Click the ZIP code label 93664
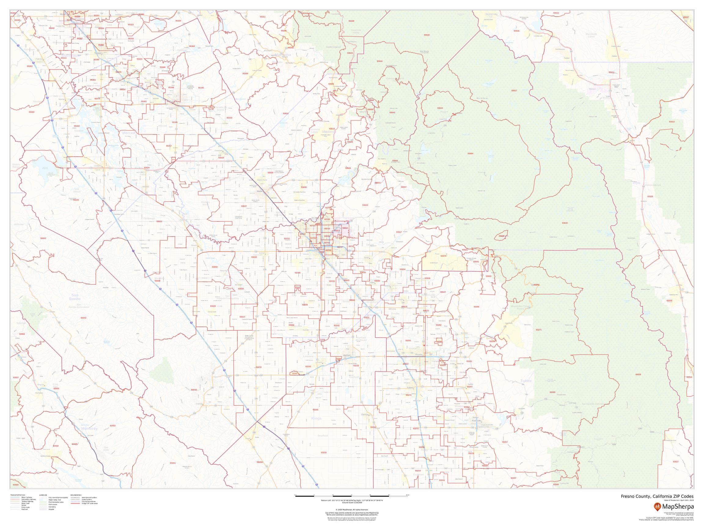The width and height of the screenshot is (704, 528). click(x=470, y=154)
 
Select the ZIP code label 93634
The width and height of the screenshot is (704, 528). click(x=440, y=108)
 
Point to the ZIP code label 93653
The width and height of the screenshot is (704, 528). click(x=285, y=113)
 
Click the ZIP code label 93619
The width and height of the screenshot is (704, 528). click(x=365, y=205)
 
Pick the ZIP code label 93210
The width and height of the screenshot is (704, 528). click(x=193, y=390)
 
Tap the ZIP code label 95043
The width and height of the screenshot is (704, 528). click(x=83, y=318)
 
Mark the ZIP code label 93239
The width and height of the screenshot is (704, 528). click(x=323, y=453)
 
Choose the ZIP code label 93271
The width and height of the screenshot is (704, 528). click(x=538, y=330)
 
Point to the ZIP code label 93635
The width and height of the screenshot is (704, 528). click(x=76, y=200)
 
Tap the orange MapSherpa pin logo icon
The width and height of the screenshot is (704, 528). click(x=657, y=506)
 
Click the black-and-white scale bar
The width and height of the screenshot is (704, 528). click(x=352, y=496)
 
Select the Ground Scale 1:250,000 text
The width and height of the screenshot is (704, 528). click(x=352, y=503)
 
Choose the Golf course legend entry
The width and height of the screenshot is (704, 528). click(x=53, y=504)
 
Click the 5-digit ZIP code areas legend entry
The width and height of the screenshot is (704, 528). click(x=90, y=504)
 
